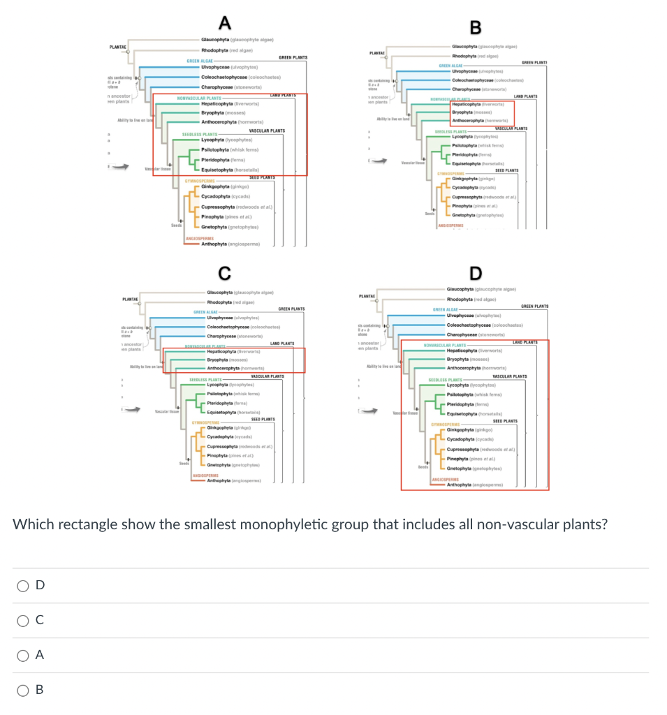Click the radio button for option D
tap(24, 585)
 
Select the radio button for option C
tap(24, 620)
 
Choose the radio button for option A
tap(24, 655)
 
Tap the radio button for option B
tap(24, 690)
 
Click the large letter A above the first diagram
tap(224, 23)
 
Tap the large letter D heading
tap(476, 272)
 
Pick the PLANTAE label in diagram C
tap(130, 300)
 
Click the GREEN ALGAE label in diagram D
tap(446, 309)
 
